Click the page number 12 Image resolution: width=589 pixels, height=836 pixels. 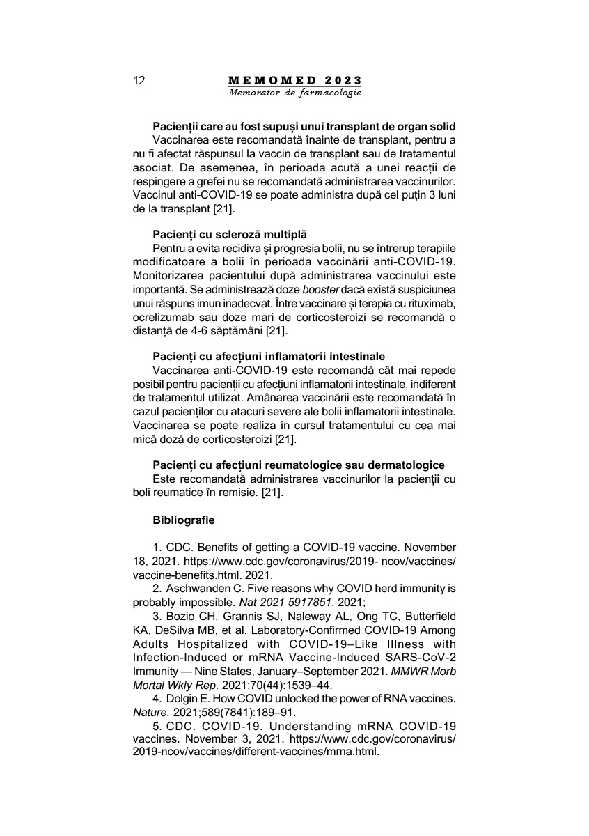(139, 80)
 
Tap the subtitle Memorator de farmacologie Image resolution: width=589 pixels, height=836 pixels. (294, 93)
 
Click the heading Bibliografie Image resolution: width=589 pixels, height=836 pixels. (184, 520)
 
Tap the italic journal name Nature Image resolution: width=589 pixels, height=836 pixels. (147, 713)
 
